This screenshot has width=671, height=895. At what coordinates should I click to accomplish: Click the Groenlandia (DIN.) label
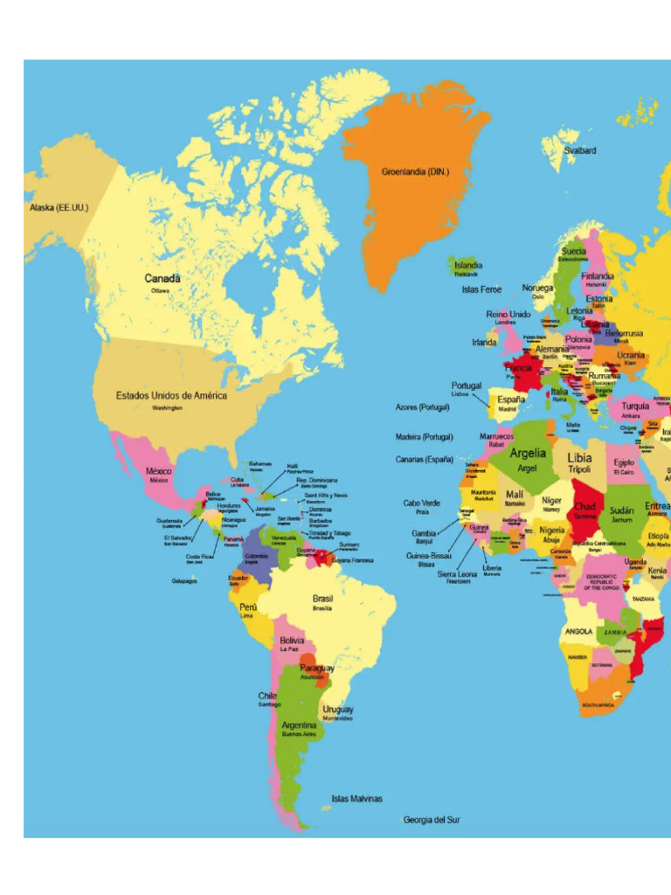pos(415,172)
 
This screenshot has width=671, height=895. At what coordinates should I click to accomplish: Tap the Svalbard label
pos(580,150)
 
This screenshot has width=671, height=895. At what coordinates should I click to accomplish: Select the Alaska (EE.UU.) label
pos(59,208)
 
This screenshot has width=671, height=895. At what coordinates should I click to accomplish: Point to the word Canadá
pos(163,278)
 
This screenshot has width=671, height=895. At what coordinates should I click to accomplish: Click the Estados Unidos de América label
pos(171,395)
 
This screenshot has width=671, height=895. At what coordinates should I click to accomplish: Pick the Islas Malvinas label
pos(356,798)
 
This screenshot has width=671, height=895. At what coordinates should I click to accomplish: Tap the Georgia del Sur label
pos(432,820)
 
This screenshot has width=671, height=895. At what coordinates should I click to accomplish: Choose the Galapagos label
pos(183,580)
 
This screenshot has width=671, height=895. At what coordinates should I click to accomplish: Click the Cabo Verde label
pos(422,503)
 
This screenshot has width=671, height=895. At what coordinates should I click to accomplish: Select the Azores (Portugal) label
pos(423,407)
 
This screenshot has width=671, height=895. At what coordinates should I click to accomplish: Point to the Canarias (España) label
pos(425,459)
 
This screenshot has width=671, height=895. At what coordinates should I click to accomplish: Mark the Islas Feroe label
pos(482,289)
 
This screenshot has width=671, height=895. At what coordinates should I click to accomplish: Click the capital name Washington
pos(167,408)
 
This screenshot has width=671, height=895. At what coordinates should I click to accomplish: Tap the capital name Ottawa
pos(161,290)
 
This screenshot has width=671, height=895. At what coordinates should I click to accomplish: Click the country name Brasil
pos(322,599)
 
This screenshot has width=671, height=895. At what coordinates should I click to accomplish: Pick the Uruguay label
pos(338,709)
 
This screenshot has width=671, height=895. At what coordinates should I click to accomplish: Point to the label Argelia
pos(528,453)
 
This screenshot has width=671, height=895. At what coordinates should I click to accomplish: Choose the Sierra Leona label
pos(457,573)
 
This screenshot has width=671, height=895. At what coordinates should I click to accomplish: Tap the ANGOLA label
pos(579,631)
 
